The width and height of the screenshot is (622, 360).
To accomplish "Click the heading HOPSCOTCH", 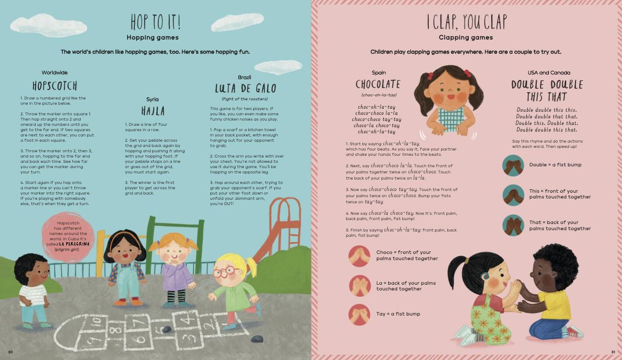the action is tap(55, 85).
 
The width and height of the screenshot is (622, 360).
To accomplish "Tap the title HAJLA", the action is tap(153, 111).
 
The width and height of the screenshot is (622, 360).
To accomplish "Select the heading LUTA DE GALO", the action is tap(246, 88).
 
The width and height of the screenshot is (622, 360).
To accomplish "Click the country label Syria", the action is tap(152, 99).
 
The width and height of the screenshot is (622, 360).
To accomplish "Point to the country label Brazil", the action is tap(244, 77).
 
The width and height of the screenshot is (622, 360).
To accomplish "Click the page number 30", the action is tap(10, 352).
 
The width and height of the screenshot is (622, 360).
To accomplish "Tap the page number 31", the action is tap(613, 352).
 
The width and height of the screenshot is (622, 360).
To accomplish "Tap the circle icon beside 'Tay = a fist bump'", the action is tap(359, 315).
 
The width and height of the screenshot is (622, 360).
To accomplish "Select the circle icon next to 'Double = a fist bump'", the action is tap(513, 165).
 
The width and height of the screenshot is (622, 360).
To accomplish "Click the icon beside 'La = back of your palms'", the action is tap(359, 286).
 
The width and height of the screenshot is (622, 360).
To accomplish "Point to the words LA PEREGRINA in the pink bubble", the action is tap(74, 244).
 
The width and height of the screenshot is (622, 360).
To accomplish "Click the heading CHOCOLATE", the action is tap(378, 84).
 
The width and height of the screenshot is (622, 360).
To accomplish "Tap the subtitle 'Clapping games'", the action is tap(466, 37).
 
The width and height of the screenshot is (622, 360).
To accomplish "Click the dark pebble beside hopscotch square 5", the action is tap(166, 329).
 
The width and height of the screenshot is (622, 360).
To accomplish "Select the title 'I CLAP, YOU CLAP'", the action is tap(467, 22).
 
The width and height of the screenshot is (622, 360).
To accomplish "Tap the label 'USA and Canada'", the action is tap(548, 73).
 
